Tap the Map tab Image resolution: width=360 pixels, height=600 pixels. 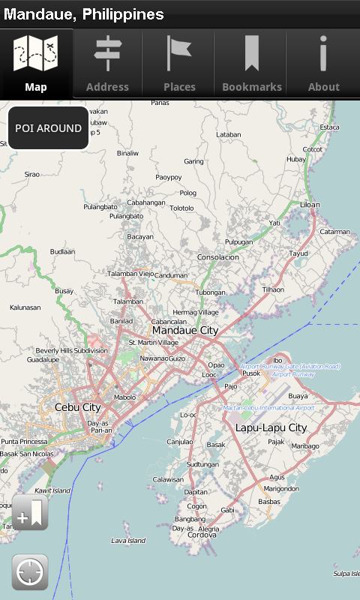tap(36, 64)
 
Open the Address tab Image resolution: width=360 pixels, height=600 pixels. tap(107, 64)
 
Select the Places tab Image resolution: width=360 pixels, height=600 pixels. tap(179, 64)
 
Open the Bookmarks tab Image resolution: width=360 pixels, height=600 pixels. tap(251, 64)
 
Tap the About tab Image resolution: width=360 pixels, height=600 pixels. tap(323, 64)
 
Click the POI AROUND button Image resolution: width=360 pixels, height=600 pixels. tap(49, 128)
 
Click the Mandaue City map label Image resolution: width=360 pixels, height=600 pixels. tap(185, 330)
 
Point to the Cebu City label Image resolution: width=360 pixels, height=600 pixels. tap(78, 407)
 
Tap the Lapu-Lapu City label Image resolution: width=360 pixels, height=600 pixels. tap(271, 427)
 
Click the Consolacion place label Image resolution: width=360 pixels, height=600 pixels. tap(217, 257)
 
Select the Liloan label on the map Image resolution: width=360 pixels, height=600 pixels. tap(310, 205)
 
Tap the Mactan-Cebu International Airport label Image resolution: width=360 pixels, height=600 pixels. tap(268, 408)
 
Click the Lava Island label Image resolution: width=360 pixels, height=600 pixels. tap(128, 541)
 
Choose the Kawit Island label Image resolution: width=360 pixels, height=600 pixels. tap(52, 490)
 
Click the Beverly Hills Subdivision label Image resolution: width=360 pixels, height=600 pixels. tap(72, 350)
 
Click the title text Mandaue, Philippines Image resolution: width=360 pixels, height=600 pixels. tap(84, 14)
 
